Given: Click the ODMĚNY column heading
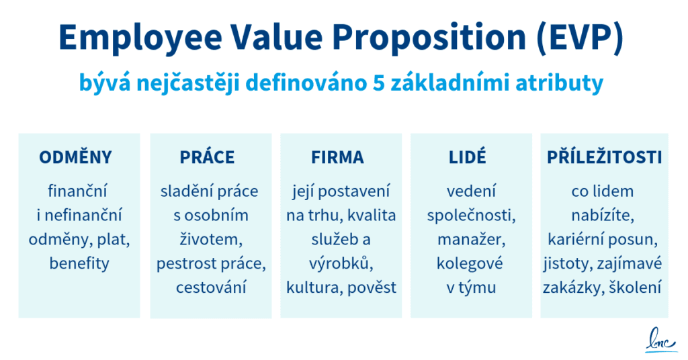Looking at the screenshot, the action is (x=75, y=157).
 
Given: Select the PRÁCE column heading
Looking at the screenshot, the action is (x=207, y=157).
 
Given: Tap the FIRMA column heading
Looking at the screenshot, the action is (x=337, y=157).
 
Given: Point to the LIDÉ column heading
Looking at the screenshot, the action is (x=468, y=157).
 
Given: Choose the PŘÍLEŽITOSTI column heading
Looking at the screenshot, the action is (x=604, y=157).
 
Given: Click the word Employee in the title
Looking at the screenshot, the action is (x=140, y=38).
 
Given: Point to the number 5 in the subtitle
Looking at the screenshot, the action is (x=378, y=83).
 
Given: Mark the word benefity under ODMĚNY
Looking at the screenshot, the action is (x=79, y=263).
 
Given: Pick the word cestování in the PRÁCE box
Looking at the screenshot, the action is (x=211, y=287).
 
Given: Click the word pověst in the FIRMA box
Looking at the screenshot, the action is (x=372, y=287).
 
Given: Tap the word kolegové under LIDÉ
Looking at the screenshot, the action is (x=470, y=263).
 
